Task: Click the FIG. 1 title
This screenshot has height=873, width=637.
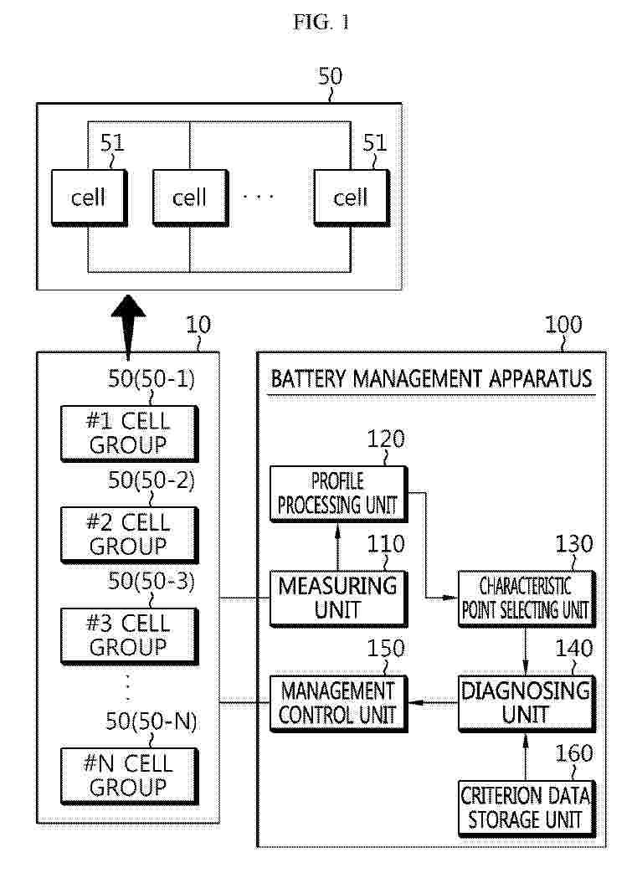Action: pos(321,23)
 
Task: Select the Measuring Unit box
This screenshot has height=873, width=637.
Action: pos(337,597)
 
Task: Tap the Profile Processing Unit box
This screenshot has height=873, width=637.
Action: pos(337,493)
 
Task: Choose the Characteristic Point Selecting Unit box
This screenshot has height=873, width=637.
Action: pos(526,597)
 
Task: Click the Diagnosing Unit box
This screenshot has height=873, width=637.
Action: pos(526,702)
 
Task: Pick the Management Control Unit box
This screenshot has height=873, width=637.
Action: pos(337,702)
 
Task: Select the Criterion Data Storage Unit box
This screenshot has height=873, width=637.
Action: pos(526,807)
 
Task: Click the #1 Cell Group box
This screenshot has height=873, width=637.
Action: pos(128,433)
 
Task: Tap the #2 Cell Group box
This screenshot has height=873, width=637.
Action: pos(128,534)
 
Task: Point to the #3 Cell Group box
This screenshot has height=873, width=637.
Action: pos(128,635)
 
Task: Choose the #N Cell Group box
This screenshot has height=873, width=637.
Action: pos(128,775)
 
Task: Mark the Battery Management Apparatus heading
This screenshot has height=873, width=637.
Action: pos(431,378)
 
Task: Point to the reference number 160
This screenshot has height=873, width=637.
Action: pos(574,754)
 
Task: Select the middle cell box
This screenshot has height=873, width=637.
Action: pos(190,198)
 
